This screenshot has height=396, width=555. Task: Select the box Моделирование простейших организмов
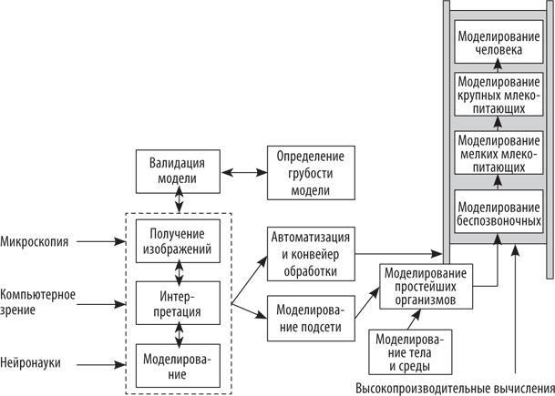pyautogui.click(x=425, y=284)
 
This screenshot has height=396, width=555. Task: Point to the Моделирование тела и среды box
pyautogui.click(x=410, y=351)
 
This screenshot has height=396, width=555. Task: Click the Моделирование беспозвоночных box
pyautogui.click(x=498, y=212)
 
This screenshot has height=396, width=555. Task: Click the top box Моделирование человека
pyautogui.click(x=498, y=44)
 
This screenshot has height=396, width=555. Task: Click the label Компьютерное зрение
pyautogui.click(x=38, y=301)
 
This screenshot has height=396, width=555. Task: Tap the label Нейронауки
pyautogui.click(x=31, y=362)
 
